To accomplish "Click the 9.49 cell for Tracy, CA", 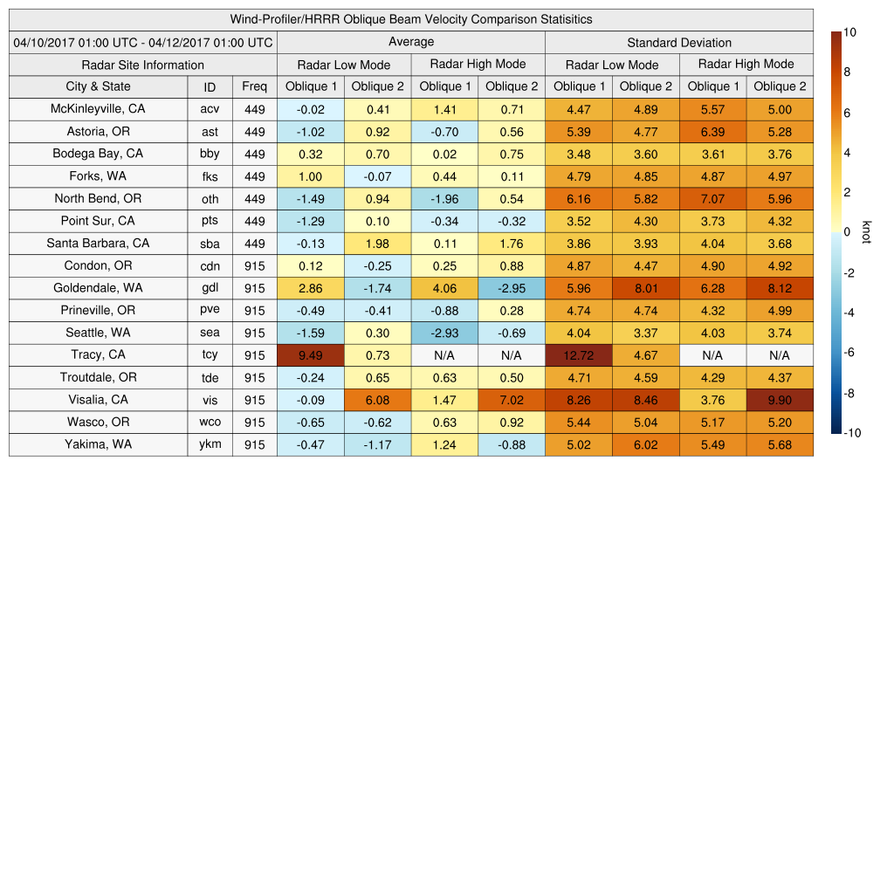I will pos(310,355).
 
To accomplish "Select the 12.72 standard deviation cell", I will pos(578,355).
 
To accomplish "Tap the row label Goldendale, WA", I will pos(98,288).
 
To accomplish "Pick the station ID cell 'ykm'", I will pos(210,444).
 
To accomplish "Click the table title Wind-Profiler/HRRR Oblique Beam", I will pos(410,19).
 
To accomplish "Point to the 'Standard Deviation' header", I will pos(679,43).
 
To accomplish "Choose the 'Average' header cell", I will pos(410,42).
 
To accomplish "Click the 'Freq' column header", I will pos(255,86).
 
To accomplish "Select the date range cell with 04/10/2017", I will pos(143,43).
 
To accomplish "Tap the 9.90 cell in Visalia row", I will pos(780,400).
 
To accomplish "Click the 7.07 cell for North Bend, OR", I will pos(712,199).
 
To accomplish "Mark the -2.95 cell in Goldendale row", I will pos(511,288).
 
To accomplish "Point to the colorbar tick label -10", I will pos(850,433).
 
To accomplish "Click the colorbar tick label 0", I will pos(847,232).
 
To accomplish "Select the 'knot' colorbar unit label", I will pos(866,232).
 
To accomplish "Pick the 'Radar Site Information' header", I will pos(143,65).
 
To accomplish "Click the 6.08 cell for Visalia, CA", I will pos(377,400).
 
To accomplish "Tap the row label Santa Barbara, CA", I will pos(98,244).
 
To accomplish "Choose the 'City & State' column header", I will pos(98,86).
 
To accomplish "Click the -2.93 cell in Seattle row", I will pos(444,333).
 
